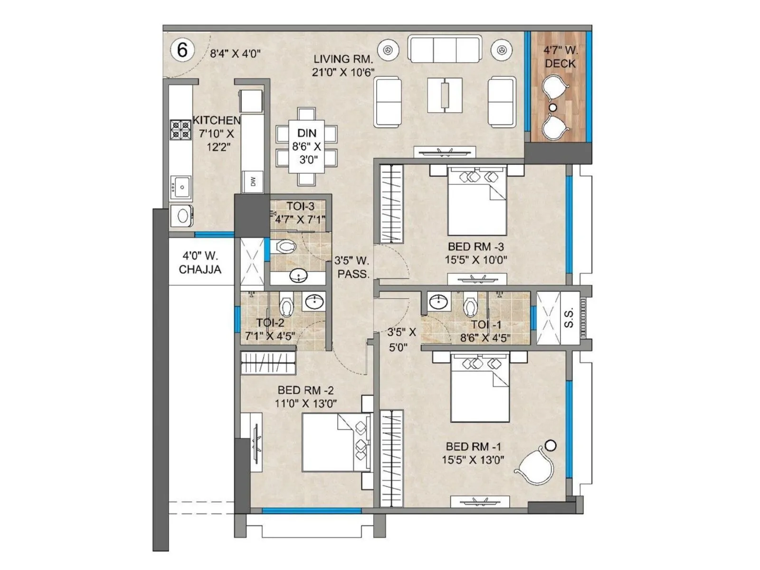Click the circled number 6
point(182,49)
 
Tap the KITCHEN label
point(216,120)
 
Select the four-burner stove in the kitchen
point(180,130)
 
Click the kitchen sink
point(181,187)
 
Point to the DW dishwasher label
point(253,181)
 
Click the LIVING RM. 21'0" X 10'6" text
point(343,66)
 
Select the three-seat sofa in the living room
point(444,50)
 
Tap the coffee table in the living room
point(445,95)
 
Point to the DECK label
point(560,63)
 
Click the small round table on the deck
point(552,107)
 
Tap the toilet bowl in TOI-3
point(286,247)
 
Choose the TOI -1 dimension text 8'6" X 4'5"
point(485,338)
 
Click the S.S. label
point(570,317)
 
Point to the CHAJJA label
point(200,269)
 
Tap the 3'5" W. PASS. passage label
point(352,267)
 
